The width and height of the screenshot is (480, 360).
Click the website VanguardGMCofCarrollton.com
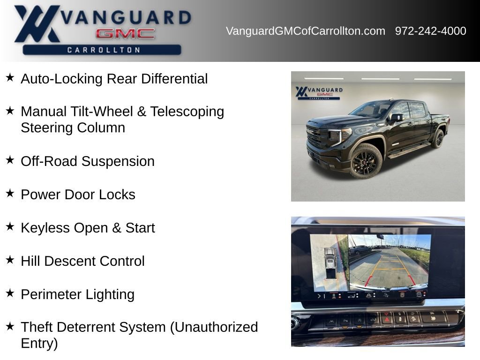(305, 31)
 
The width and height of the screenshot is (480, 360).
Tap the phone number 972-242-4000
(430, 31)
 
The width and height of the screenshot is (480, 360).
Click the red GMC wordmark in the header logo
(125, 33)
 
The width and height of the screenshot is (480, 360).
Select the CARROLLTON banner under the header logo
(102, 50)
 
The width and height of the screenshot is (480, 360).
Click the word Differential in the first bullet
(174, 79)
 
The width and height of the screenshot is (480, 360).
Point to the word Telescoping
(187, 112)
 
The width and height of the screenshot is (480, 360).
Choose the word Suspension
(118, 162)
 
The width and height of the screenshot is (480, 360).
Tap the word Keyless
(45, 228)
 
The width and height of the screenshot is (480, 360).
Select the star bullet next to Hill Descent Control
(10, 260)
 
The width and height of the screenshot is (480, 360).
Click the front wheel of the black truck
(366, 161)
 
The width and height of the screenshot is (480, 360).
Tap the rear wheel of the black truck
(438, 139)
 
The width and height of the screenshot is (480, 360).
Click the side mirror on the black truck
(396, 117)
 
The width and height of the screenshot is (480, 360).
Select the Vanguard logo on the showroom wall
(319, 93)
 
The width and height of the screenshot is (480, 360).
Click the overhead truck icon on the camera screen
(330, 263)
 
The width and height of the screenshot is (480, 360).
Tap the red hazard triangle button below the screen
(387, 319)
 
